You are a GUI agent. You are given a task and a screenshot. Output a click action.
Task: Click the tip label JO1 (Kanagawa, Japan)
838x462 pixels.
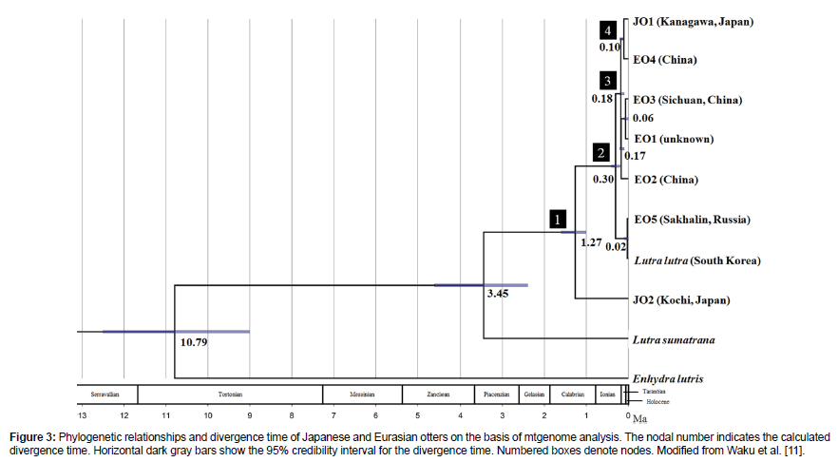pos(692,20)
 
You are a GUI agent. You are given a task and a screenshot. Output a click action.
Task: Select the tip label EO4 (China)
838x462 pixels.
pos(666,60)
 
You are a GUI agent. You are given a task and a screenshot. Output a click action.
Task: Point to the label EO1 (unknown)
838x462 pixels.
pos(674,139)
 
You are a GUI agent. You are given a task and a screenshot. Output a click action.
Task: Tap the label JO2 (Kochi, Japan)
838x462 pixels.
pos(681,299)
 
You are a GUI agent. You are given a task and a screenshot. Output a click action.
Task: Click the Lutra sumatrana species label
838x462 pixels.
pos(674,339)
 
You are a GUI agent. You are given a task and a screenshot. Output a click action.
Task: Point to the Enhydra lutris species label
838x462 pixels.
pos(668,378)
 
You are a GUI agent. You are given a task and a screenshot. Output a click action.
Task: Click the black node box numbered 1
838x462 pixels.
pos(559,220)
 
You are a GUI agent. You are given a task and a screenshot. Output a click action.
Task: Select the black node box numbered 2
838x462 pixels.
pos(600,152)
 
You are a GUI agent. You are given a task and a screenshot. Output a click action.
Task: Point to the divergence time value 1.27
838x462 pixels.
pos(591,241)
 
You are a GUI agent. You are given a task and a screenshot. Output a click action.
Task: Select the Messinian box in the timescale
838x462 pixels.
pos(362,394)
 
